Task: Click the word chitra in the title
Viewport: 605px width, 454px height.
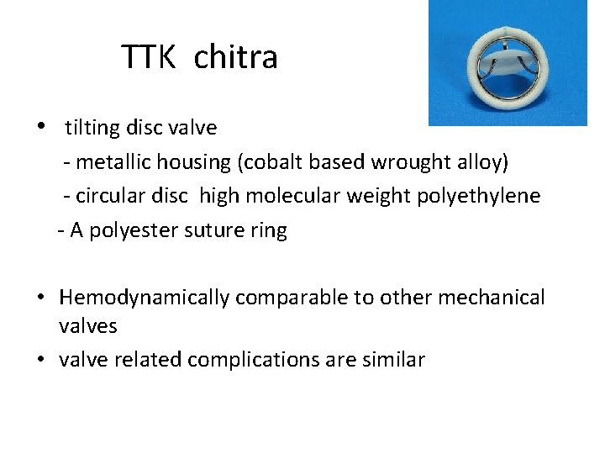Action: pos(235,57)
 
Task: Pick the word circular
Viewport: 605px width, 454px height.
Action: pos(113,196)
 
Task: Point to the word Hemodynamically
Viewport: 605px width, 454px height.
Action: pos(145,298)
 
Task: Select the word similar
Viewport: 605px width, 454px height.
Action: pos(397,360)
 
